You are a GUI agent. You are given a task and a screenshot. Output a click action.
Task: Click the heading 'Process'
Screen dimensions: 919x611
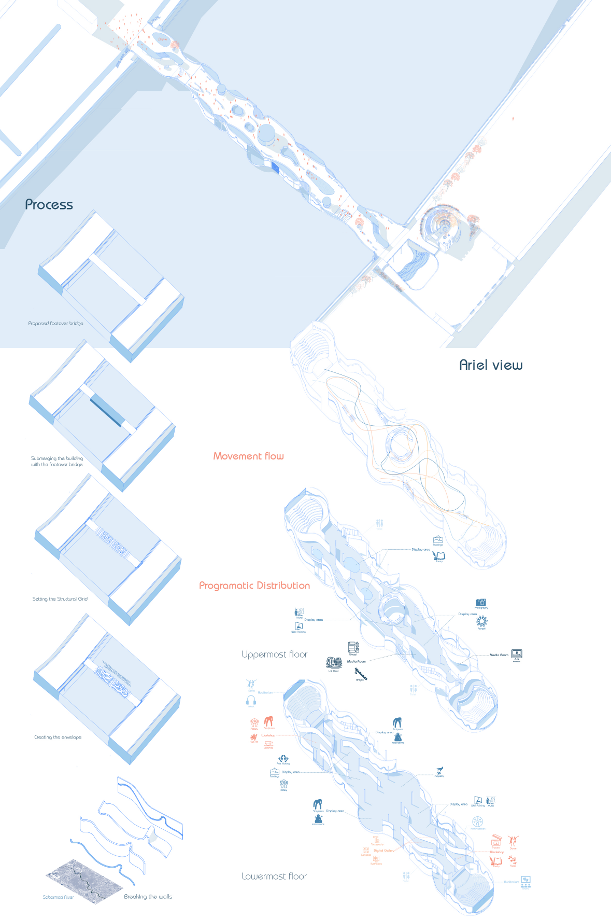click(x=49, y=205)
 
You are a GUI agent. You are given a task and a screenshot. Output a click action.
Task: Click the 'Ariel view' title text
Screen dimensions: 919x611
click(x=490, y=365)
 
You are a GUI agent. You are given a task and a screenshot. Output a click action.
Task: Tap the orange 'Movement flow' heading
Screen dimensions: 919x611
click(x=248, y=456)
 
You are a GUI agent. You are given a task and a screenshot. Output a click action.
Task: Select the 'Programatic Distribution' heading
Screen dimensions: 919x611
click(x=254, y=586)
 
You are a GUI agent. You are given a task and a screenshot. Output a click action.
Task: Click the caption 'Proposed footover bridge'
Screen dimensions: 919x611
click(x=55, y=324)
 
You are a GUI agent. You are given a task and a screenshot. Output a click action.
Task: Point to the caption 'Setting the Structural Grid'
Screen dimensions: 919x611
click(x=60, y=599)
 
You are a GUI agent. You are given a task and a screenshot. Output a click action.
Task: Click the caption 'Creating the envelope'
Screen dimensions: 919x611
click(x=58, y=737)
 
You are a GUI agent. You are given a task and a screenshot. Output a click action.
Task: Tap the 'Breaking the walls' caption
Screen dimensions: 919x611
click(x=148, y=897)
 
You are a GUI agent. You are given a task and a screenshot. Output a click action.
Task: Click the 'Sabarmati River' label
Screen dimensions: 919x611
click(x=58, y=897)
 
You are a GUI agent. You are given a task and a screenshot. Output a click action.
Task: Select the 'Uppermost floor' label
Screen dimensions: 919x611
click(x=274, y=655)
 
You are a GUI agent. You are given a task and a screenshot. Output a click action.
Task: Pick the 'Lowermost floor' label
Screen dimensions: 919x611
click(x=274, y=876)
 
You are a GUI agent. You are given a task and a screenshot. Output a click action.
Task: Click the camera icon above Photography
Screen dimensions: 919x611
click(x=481, y=602)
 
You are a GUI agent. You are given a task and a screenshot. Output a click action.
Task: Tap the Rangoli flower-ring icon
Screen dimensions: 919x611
click(x=481, y=621)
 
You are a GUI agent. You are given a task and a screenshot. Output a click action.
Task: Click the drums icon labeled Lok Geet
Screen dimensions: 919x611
click(x=334, y=663)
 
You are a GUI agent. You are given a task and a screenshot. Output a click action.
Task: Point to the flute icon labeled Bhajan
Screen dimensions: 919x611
click(x=361, y=674)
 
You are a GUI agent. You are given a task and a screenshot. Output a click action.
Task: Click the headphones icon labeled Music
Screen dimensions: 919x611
click(x=251, y=700)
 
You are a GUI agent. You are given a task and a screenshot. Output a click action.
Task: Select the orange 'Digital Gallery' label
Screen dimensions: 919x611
click(x=384, y=851)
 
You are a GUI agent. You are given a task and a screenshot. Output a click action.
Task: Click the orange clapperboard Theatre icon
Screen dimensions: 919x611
click(x=496, y=839)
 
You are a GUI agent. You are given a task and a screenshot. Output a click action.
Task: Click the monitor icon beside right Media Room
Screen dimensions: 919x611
click(x=516, y=654)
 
